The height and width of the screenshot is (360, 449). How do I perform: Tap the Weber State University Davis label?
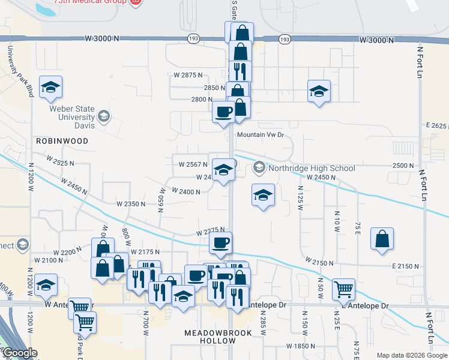pyautogui.click(x=76, y=118)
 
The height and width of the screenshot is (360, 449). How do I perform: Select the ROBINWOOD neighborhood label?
pyautogui.click(x=62, y=141)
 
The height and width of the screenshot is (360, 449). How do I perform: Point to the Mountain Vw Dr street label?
pyautogui.click(x=259, y=135)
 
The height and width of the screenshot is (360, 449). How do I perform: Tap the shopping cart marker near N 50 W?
pyautogui.click(x=343, y=289)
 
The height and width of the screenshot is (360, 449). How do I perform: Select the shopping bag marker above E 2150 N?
pyautogui.click(x=382, y=239)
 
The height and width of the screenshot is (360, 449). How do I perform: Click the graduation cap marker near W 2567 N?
pyautogui.click(x=223, y=170)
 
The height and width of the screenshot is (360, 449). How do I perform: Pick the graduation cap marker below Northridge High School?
pyautogui.click(x=262, y=195)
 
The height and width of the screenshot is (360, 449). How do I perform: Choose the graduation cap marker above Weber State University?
pyautogui.click(x=50, y=88)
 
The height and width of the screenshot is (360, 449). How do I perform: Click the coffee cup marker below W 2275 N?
pyautogui.click(x=220, y=243)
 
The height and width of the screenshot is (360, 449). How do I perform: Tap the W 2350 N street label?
pyautogui.click(x=127, y=204)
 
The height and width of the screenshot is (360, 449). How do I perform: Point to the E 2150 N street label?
pyautogui.click(x=405, y=266)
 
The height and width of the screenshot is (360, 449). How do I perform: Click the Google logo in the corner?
pyautogui.click(x=20, y=353)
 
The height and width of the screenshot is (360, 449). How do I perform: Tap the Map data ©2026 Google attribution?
pyautogui.click(x=411, y=355)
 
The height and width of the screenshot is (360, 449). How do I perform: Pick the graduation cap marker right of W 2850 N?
pyautogui.click(x=319, y=91)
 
